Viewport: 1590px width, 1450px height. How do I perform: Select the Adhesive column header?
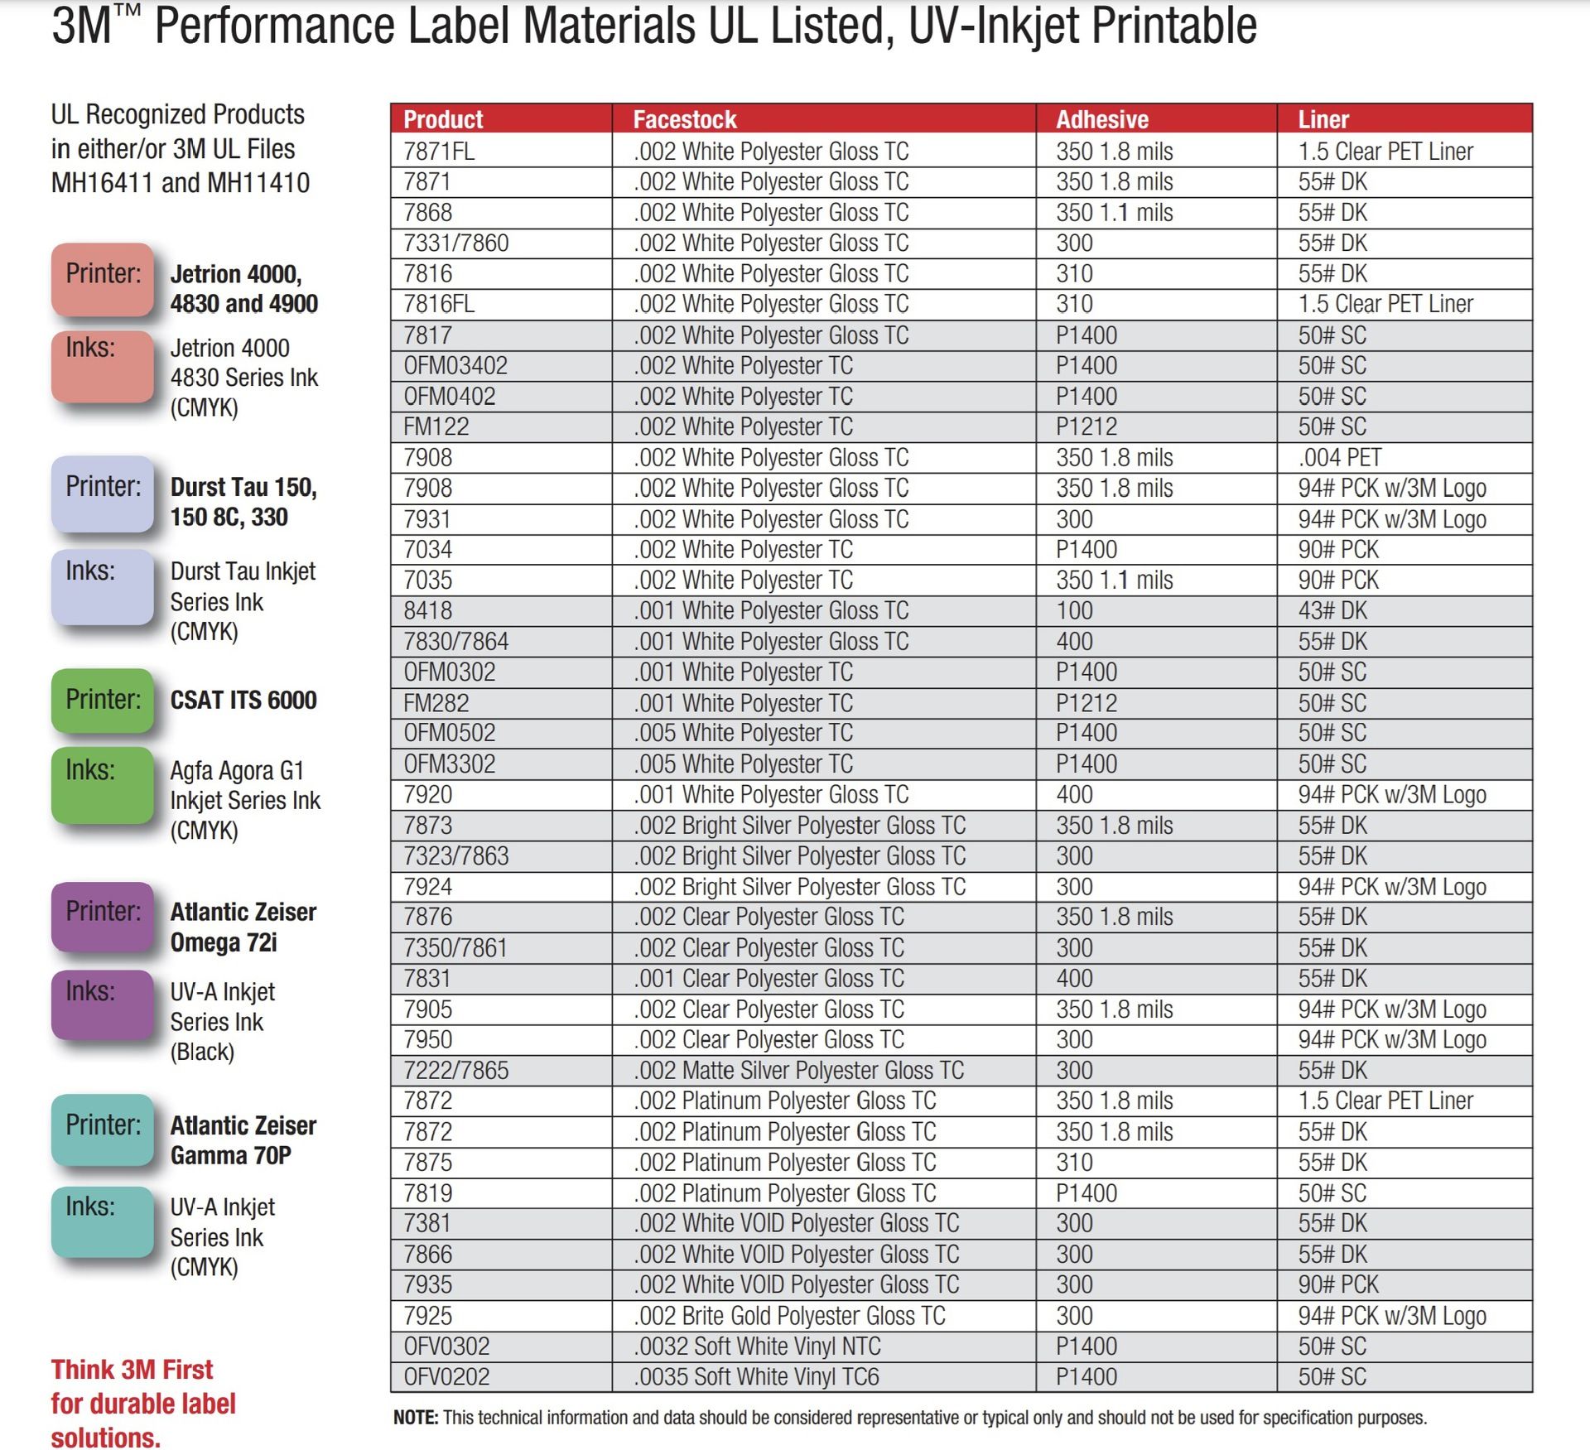point(1101,119)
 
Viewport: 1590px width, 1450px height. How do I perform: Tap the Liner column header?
point(1323,119)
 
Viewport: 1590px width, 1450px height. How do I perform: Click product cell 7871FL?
point(439,152)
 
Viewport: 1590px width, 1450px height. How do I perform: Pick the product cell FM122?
point(436,427)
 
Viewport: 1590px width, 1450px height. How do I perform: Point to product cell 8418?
point(427,611)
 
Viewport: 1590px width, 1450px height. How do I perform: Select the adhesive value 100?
point(1074,611)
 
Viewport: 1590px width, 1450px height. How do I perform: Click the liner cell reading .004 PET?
point(1339,458)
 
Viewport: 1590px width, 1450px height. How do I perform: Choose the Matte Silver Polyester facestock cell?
point(798,1071)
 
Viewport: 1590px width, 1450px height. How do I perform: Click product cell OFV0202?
point(446,1377)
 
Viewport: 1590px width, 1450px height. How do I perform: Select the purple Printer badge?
point(103,916)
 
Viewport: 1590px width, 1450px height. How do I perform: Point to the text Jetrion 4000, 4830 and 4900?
point(243,289)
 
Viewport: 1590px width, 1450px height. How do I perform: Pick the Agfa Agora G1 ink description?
point(244,800)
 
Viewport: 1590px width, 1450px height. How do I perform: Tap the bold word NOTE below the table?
point(415,1418)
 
